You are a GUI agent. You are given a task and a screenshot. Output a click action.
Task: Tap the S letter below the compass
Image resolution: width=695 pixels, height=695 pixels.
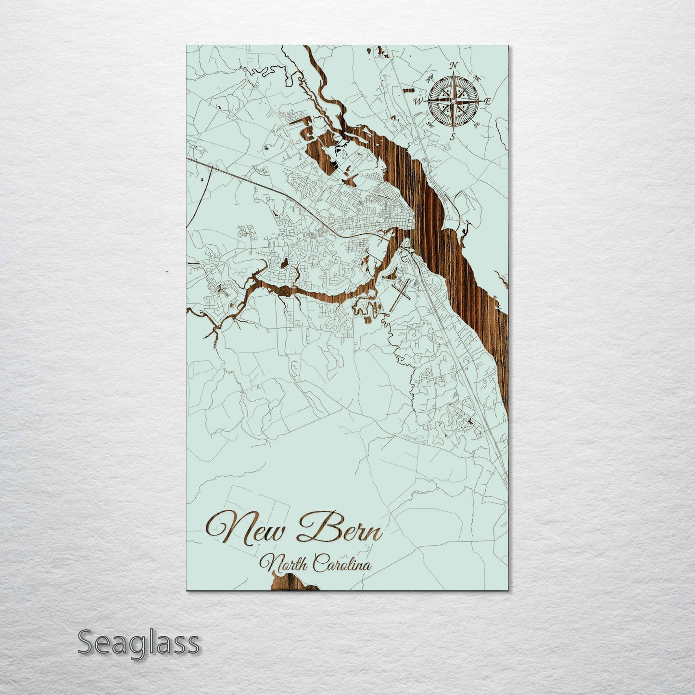click(452, 136)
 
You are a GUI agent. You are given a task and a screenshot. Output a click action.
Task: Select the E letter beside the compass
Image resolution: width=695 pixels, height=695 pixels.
click(487, 101)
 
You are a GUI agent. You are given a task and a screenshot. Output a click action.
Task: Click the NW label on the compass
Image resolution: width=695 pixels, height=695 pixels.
click(430, 76)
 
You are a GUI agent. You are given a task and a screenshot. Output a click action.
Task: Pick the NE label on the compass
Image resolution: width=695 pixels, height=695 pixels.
click(477, 78)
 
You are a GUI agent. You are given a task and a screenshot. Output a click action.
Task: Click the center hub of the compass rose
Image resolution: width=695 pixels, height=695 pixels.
click(453, 101)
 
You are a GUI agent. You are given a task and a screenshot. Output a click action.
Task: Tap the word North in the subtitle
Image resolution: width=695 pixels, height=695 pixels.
click(284, 563)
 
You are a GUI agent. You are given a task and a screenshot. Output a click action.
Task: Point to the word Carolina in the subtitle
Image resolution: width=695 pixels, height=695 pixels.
click(342, 563)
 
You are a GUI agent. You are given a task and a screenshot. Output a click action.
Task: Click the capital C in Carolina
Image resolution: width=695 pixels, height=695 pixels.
click(319, 563)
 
